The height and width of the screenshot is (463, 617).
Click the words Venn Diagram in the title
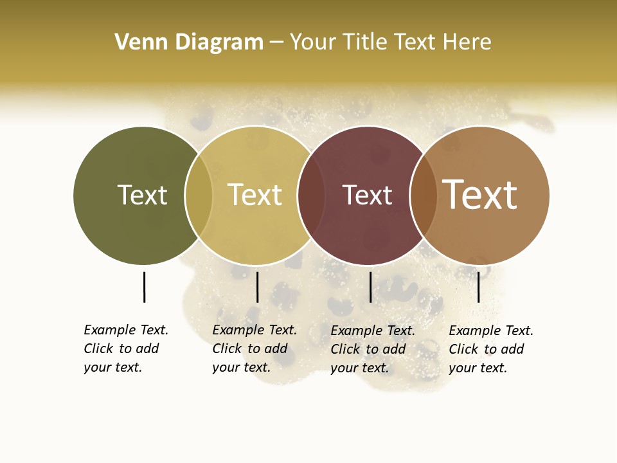pos(189,42)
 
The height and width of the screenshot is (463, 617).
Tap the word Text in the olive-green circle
pos(142,195)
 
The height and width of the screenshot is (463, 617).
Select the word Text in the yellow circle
pos(255,195)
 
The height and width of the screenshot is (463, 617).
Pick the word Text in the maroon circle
pos(367,195)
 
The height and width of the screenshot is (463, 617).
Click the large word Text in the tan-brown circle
pos(480,195)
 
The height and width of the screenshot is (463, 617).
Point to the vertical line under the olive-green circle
pos(144,287)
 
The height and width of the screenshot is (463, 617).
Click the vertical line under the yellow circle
pos(257,287)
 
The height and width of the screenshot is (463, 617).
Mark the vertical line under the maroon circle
pos(370,287)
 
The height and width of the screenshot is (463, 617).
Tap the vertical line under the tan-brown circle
pos(478,287)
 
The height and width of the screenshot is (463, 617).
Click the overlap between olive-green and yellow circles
pos(199,195)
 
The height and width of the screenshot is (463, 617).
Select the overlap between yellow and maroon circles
pos(311,195)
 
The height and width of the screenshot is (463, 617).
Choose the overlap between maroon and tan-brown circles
pos(424,195)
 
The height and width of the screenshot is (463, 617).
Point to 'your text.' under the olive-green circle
pos(112,367)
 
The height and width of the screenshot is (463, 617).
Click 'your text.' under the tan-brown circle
pos(478,368)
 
